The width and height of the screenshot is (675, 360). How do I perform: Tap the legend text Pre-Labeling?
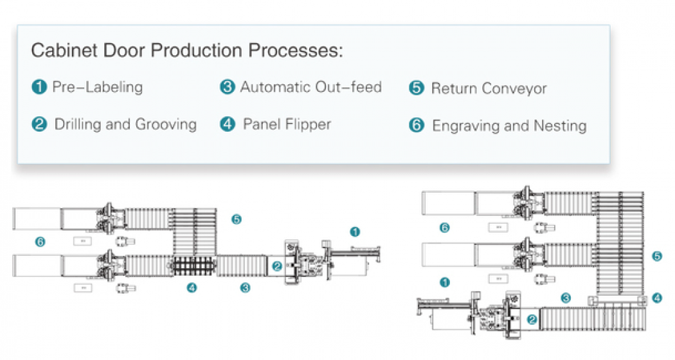[98, 87]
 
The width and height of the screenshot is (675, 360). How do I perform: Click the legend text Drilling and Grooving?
[126, 125]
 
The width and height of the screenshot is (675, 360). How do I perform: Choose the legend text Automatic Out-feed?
[310, 87]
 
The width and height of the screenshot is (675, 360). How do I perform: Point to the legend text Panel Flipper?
[287, 125]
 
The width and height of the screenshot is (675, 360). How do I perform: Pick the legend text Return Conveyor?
[489, 89]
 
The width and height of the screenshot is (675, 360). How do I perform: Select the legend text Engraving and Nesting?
[509, 126]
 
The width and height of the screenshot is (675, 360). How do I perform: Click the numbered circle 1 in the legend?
[39, 87]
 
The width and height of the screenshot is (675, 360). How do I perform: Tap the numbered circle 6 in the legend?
[417, 125]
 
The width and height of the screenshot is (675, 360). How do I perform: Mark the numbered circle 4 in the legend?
[228, 125]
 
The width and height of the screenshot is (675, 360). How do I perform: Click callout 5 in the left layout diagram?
[237, 220]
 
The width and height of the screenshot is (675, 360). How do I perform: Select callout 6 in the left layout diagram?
[40, 242]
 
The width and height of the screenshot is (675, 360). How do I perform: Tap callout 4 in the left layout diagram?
[192, 287]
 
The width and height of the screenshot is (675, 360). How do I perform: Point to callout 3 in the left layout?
[246, 287]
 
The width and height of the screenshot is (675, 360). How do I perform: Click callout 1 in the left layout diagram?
[355, 232]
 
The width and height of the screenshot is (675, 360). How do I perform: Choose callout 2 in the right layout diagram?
[532, 319]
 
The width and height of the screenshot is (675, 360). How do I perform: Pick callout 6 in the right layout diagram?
[445, 228]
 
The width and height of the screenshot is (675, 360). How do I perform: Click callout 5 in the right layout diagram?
[657, 256]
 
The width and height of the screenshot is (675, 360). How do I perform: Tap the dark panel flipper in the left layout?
[194, 265]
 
